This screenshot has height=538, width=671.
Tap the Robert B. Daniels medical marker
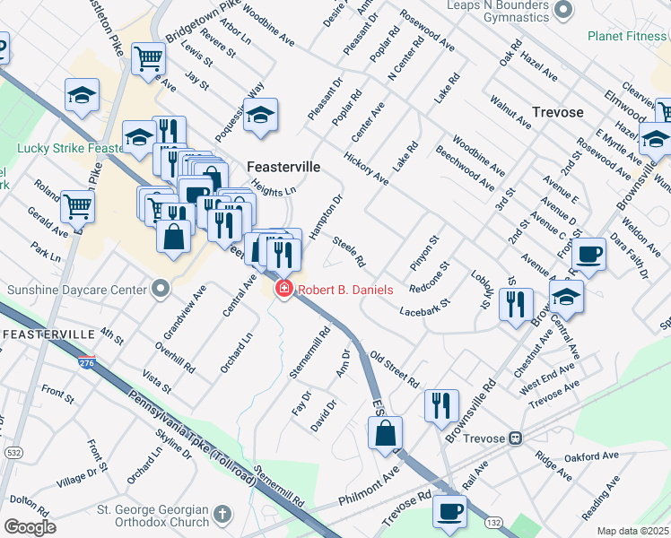tap(283, 290)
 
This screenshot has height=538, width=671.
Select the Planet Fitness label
tap(628, 36)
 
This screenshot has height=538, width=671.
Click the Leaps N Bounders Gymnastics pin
tap(563, 10)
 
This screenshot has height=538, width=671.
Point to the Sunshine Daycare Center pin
tap(161, 289)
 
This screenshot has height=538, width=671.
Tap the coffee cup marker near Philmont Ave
tap(449, 511)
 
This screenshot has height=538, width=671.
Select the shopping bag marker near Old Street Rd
tap(385, 432)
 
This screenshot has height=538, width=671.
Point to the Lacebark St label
tap(425, 309)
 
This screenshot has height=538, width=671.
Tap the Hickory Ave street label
tap(366, 169)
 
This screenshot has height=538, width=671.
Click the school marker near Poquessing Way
tap(261, 115)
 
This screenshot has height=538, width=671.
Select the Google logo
tap(30, 527)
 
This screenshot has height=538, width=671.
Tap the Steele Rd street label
tap(348, 251)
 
